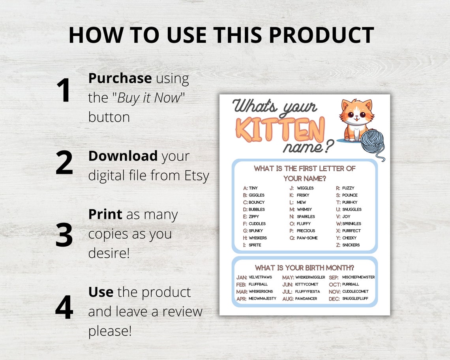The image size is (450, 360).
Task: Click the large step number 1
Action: coord(64,90)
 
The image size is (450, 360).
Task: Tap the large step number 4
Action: coord(64,307)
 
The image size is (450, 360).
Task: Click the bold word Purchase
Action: coord(120,78)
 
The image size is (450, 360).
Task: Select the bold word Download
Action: coord(123,156)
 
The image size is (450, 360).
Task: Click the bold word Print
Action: coord(105,214)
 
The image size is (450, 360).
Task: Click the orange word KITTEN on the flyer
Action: coord(280,129)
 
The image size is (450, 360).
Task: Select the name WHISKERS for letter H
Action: coord(258,238)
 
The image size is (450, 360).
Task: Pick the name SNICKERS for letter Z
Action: coord(351,245)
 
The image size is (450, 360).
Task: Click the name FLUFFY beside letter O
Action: coord(304,224)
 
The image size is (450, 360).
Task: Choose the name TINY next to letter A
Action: coord(253,188)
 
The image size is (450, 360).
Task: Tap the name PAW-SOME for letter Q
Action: coord(307,238)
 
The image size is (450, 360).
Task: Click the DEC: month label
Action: coord(334,299)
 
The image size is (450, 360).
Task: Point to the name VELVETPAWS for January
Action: coord(260,277)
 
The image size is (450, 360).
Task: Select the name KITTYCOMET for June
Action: coord(307,284)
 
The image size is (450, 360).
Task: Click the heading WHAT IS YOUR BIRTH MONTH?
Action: coord(304,268)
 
